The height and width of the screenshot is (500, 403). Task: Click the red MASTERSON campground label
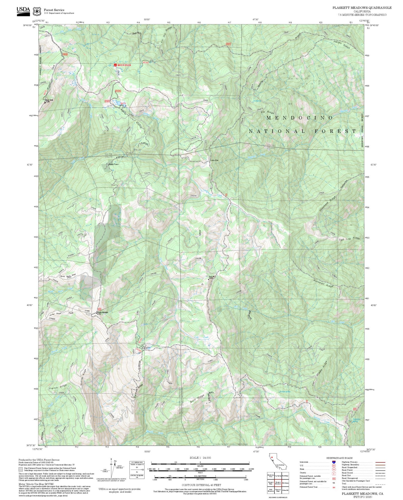pyautogui.click(x=124, y=65)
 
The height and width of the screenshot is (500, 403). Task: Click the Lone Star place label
pyautogui.click(x=214, y=161)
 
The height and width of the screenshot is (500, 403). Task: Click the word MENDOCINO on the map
pyautogui.click(x=300, y=118)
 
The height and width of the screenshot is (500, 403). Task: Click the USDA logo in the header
pyautogui.click(x=23, y=10)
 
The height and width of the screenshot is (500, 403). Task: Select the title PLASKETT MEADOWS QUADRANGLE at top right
pyautogui.click(x=362, y=8)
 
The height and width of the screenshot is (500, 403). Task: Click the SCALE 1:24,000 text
pyautogui.click(x=200, y=458)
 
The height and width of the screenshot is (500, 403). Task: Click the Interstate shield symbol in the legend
pyautogui.click(x=334, y=462)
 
